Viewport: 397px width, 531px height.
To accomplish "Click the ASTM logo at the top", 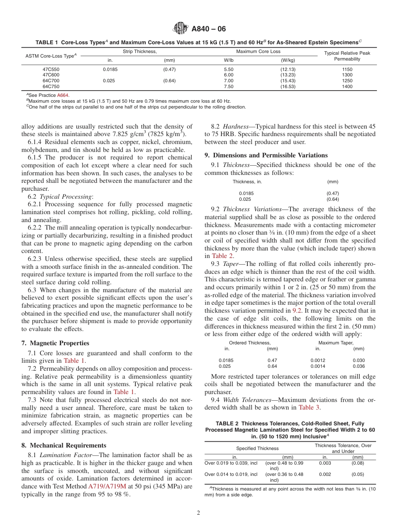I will (x=181, y=29).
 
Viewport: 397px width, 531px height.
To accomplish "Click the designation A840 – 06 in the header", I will (x=209, y=29).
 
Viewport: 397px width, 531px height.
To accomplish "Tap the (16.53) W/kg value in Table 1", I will (x=288, y=86).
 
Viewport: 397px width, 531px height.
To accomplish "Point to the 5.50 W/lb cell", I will (x=229, y=69).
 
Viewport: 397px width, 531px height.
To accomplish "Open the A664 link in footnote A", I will (x=63, y=95).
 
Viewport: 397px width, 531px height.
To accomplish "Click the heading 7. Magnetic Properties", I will (x=55, y=343).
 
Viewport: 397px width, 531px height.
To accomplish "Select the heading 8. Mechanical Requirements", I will (x=64, y=445).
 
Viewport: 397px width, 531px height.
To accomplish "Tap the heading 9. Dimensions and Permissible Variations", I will (x=266, y=155).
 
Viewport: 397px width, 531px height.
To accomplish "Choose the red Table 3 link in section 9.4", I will (x=309, y=407).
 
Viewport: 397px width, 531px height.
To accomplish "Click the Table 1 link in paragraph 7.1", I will (x=74, y=361).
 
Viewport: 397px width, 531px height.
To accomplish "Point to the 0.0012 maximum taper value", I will (x=318, y=360).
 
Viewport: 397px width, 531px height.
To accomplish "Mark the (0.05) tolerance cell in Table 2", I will (x=357, y=474).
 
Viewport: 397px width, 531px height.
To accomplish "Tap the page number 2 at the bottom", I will (x=198, y=513).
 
